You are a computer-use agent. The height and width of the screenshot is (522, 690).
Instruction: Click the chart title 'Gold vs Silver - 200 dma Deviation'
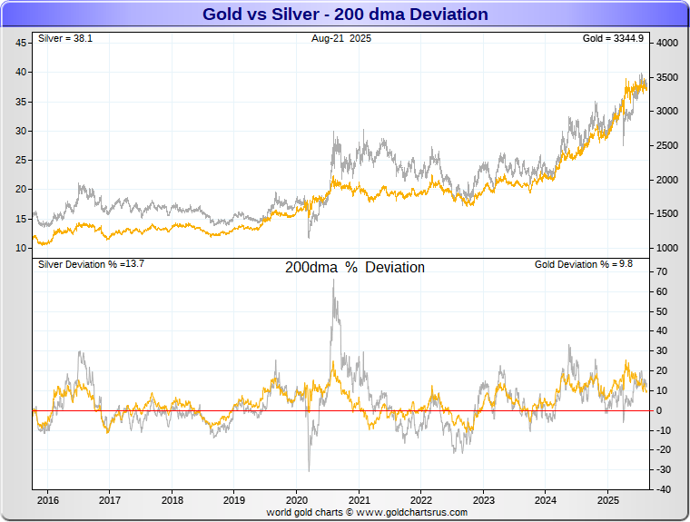[x=345, y=15]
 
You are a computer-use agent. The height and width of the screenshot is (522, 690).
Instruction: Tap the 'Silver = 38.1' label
[x=59, y=39]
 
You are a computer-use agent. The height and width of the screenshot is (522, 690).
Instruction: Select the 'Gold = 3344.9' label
[x=613, y=39]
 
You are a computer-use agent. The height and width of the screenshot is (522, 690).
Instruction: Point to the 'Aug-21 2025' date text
[x=341, y=39]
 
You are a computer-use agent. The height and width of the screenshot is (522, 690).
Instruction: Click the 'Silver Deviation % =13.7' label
[x=91, y=264]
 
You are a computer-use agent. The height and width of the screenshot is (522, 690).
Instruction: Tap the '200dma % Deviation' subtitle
[x=354, y=268]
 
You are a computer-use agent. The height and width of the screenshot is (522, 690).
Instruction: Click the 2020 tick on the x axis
[x=297, y=500]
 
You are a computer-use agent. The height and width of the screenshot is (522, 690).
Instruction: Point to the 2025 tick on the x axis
[x=608, y=500]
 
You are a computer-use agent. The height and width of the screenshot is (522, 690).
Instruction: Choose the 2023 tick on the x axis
[x=484, y=500]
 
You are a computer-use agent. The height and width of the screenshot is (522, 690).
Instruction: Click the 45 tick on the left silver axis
[x=20, y=43]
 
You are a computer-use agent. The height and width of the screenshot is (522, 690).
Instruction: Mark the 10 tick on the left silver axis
[x=20, y=248]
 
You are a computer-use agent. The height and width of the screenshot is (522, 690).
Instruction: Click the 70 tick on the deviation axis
[x=663, y=272]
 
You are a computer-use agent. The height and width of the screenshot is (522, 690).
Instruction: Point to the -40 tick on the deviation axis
[x=663, y=489]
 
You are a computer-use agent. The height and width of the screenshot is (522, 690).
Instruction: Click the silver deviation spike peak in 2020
[x=333, y=280]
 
